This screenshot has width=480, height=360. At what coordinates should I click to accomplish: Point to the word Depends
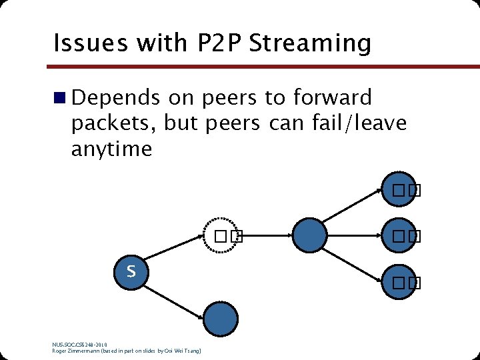[115, 98]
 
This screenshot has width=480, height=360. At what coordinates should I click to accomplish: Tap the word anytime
[111, 149]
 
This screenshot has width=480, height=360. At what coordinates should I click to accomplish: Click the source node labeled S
[131, 271]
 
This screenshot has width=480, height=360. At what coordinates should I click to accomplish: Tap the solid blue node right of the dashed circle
[310, 235]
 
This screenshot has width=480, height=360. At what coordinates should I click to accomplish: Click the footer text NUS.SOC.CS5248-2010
[79, 345]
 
